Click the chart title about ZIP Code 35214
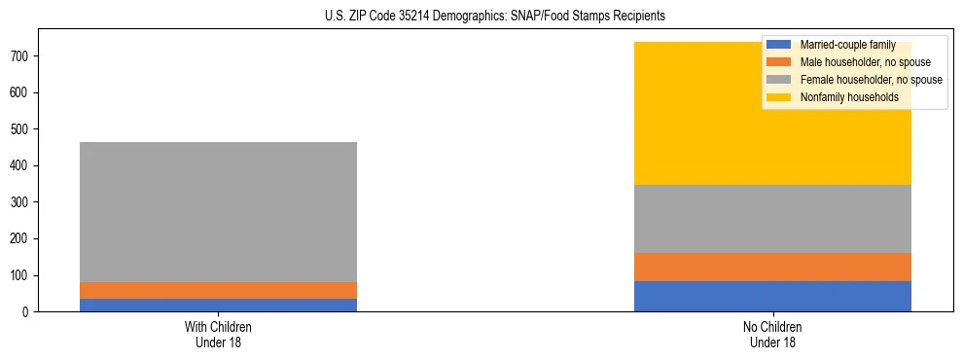click(x=495, y=17)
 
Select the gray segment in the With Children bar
click(x=218, y=212)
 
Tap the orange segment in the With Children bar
click(x=218, y=290)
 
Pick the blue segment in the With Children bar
click(x=218, y=305)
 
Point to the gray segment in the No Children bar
click(x=772, y=219)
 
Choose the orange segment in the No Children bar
click(x=772, y=267)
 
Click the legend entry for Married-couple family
click(x=847, y=45)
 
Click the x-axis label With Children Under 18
click(x=218, y=334)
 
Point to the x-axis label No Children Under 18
click(x=772, y=334)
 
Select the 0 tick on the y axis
click(x=29, y=312)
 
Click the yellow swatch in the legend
click(x=779, y=97)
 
